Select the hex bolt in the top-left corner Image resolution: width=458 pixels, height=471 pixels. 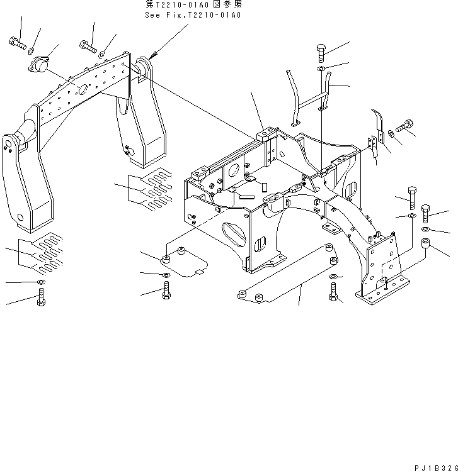[x=16, y=43]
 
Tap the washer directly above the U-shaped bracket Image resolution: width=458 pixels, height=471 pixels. [x=321, y=68]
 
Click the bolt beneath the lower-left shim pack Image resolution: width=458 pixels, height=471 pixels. [x=41, y=297]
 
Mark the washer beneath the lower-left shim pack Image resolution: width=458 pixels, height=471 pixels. [x=41, y=282]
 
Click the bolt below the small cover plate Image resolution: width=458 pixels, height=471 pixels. [x=166, y=291]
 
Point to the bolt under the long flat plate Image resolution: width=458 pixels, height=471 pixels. [x=333, y=291]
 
